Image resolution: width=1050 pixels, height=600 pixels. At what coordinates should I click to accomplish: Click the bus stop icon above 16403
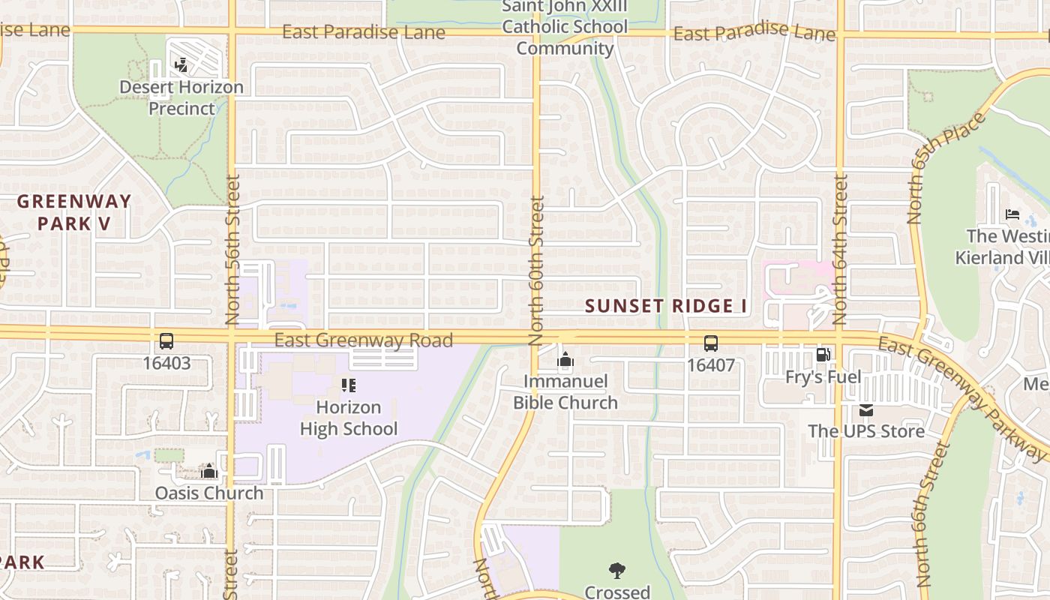pos(166,341)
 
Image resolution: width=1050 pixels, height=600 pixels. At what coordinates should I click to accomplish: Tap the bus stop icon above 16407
pos(710,343)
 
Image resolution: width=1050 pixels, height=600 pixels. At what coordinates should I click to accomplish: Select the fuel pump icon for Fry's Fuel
pos(823,355)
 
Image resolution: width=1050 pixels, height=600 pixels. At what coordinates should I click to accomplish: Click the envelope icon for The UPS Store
pos(866,410)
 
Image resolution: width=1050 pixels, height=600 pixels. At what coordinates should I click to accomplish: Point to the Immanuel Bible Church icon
pos(565,360)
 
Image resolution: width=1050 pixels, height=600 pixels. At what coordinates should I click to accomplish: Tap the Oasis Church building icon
pos(209,471)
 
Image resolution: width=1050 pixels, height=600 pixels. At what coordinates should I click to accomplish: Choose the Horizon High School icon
pos(348,385)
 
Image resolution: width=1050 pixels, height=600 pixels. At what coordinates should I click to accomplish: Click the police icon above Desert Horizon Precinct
pos(180,65)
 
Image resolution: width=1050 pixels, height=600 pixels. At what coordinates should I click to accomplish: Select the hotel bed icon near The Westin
pos(1012,214)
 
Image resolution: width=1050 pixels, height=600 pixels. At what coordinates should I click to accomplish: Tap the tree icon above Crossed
pos(617,571)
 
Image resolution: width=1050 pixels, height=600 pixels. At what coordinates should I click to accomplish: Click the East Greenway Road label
pos(363,340)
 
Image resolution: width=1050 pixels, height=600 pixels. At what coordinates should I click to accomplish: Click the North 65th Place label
pos(946,168)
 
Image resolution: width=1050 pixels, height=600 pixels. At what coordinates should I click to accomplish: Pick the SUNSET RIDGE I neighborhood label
pos(666,306)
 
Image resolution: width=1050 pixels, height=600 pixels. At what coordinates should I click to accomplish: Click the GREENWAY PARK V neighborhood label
pos(74,212)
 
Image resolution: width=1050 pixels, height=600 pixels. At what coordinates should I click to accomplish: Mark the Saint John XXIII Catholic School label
pos(565,27)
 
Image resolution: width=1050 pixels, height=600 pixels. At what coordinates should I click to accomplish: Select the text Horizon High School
pos(349,418)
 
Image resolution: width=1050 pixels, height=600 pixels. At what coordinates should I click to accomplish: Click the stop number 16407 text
pos(710,365)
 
